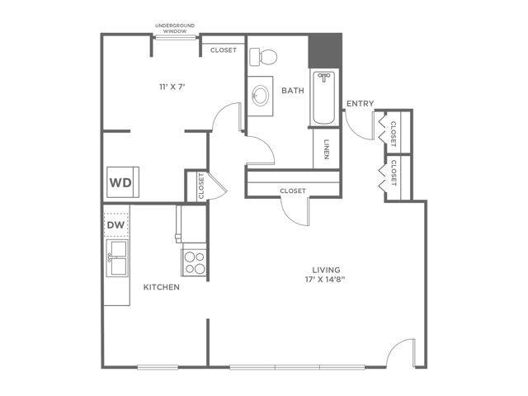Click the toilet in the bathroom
click(263, 57)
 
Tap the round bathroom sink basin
click(261, 96)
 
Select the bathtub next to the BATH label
click(323, 97)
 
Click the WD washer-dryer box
click(123, 182)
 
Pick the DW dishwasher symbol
click(116, 224)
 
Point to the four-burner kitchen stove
click(195, 262)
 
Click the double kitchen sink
click(117, 258)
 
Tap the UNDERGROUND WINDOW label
click(175, 28)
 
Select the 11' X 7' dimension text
click(172, 87)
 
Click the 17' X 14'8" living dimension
click(325, 280)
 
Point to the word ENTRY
click(360, 103)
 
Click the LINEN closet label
click(327, 149)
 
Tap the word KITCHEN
click(162, 287)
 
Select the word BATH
click(293, 91)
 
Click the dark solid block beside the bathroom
click(325, 51)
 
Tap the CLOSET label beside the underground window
click(224, 50)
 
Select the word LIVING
click(326, 270)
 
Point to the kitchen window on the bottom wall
click(158, 367)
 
